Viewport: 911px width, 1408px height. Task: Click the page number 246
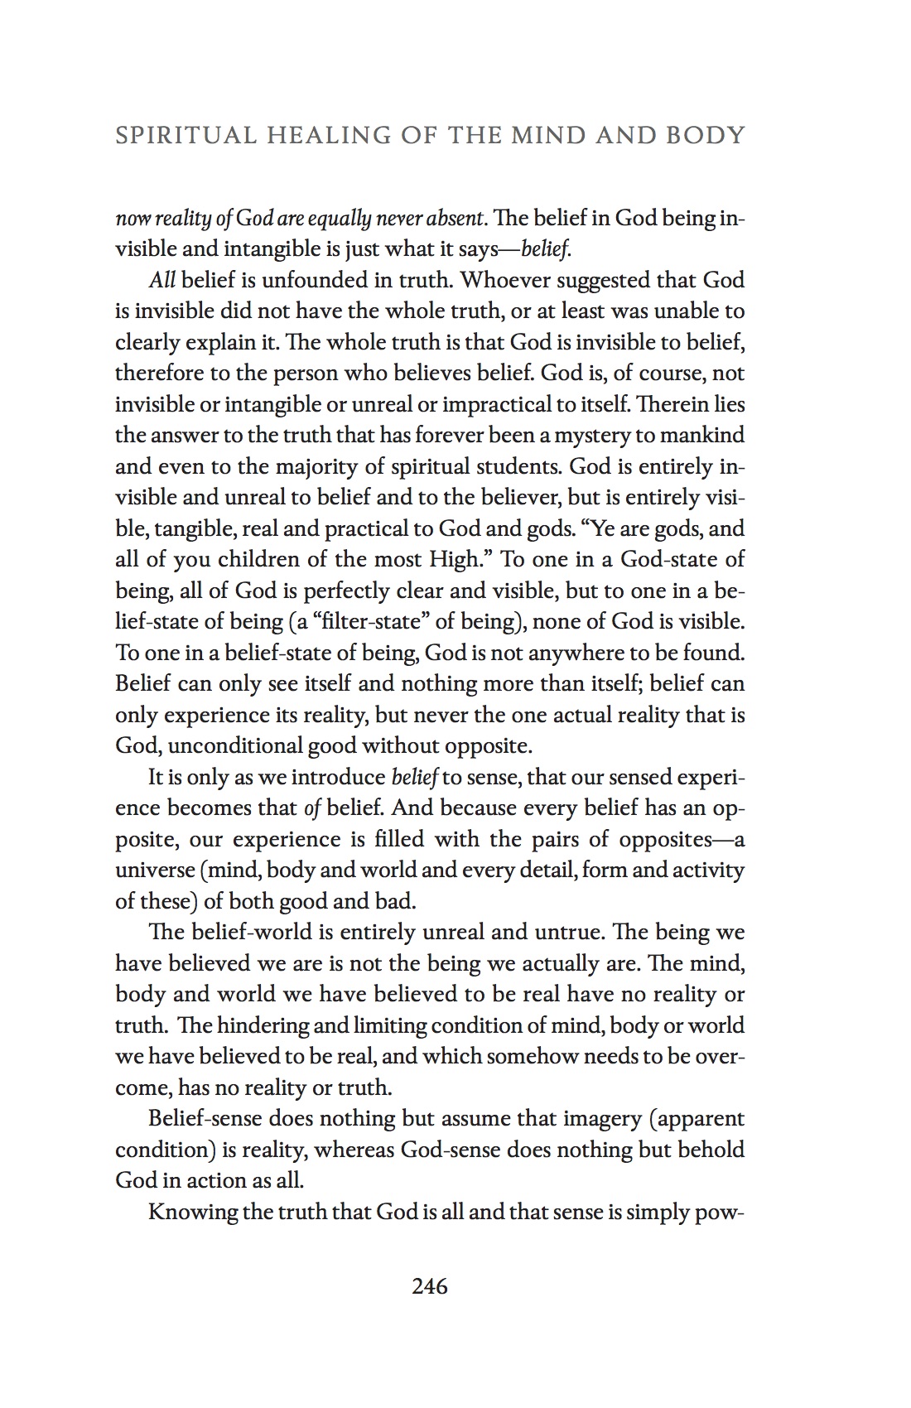coord(430,1286)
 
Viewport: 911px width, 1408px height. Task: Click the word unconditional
coord(236,745)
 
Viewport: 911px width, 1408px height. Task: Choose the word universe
coord(154,870)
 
